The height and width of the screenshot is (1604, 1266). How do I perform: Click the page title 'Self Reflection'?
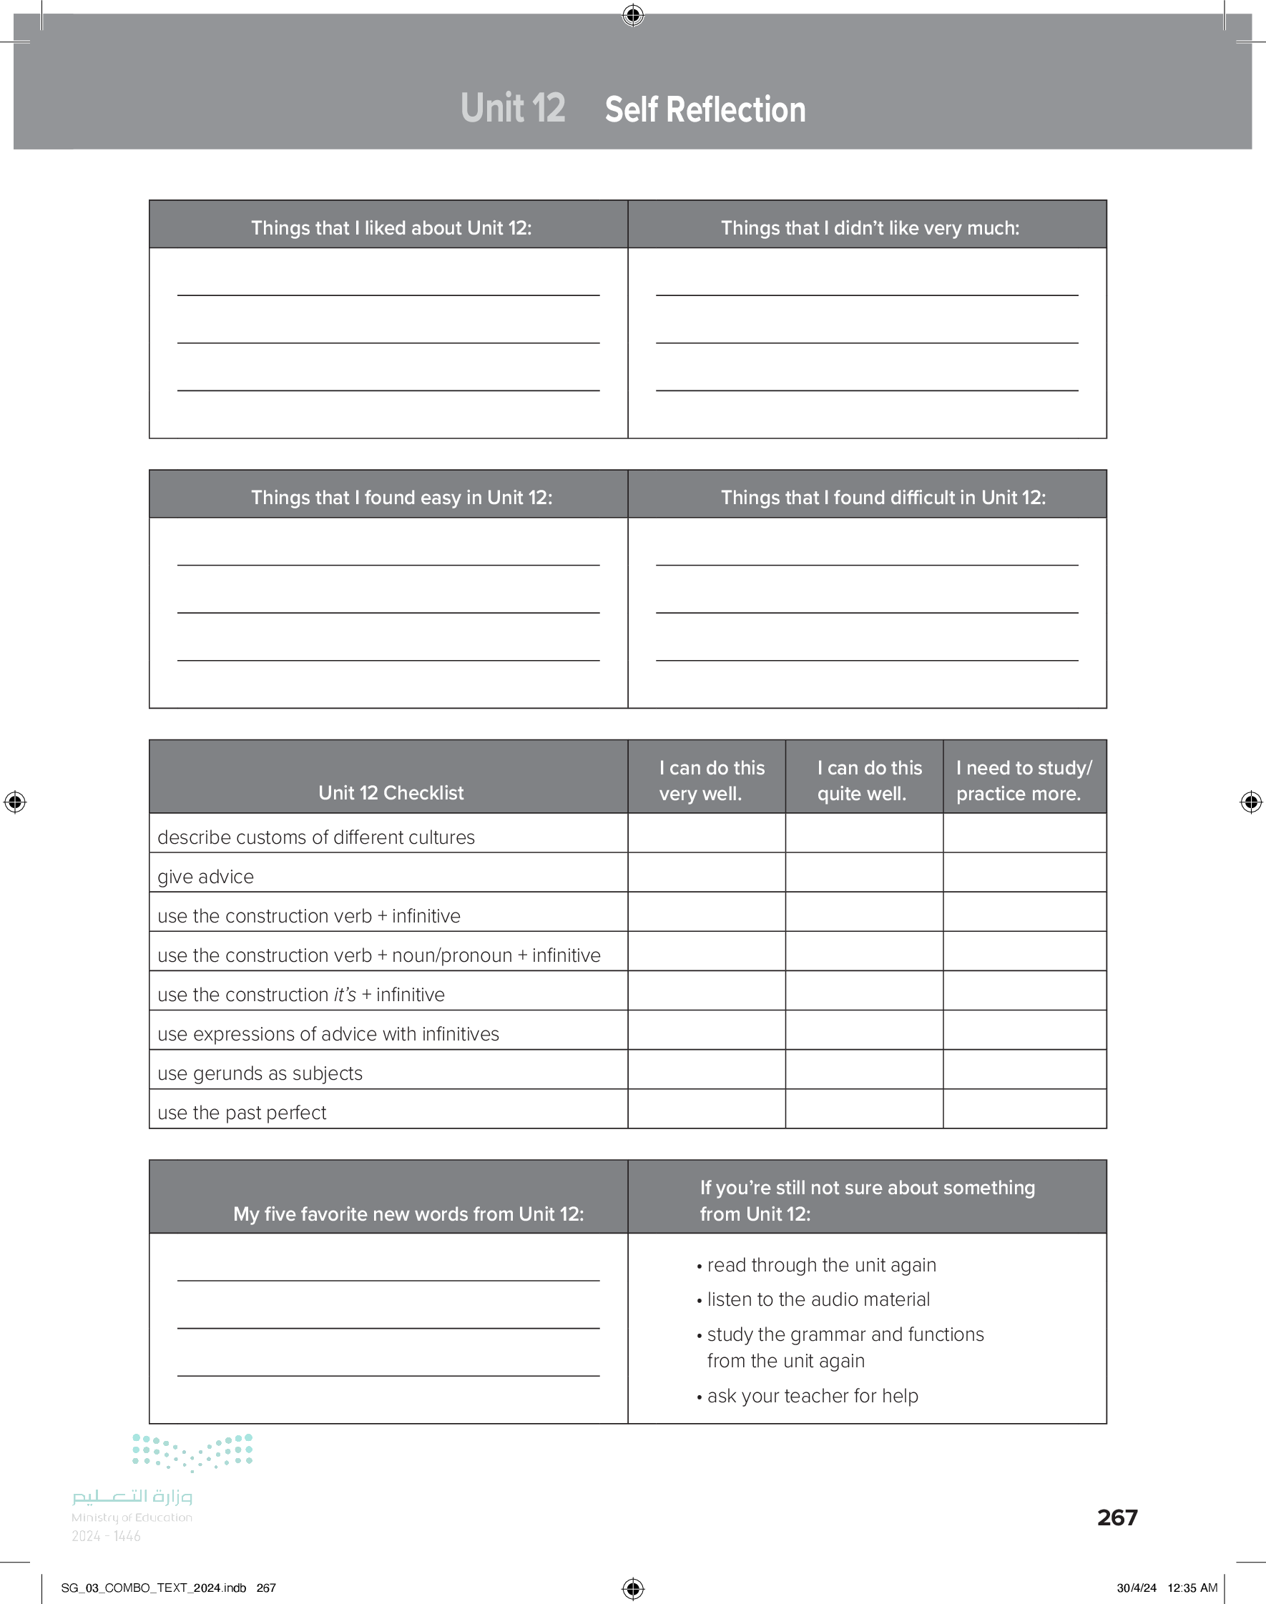[705, 109]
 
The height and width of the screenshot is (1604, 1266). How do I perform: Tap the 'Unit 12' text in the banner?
[513, 108]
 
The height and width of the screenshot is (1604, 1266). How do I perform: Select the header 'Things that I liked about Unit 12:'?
[391, 227]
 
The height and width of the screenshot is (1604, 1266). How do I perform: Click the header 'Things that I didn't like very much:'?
[870, 227]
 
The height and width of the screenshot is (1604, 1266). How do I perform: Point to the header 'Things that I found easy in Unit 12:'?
[401, 497]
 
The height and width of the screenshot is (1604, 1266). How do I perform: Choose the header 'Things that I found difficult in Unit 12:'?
[883, 497]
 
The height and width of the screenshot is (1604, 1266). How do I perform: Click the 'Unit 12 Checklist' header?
[391, 793]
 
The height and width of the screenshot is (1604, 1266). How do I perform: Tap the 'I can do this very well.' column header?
[711, 780]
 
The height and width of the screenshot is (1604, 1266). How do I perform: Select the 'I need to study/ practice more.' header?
[1023, 780]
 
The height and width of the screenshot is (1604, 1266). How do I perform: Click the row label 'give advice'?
[205, 877]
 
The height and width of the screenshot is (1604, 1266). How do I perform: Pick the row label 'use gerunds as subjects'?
[260, 1073]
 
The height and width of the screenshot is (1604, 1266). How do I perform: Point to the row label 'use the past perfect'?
[242, 1113]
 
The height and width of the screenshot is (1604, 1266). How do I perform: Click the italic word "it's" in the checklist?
[345, 994]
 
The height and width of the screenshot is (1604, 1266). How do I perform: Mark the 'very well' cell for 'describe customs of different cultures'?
[706, 834]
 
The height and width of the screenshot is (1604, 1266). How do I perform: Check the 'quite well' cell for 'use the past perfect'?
[863, 1109]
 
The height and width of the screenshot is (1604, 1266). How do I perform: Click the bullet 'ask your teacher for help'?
[812, 1396]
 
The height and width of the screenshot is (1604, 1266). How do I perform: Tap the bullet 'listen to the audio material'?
[818, 1299]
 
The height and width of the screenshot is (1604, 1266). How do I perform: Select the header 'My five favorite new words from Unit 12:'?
[408, 1214]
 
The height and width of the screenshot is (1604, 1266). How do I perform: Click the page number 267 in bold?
[1117, 1517]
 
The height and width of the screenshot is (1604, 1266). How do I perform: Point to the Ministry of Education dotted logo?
[192, 1452]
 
